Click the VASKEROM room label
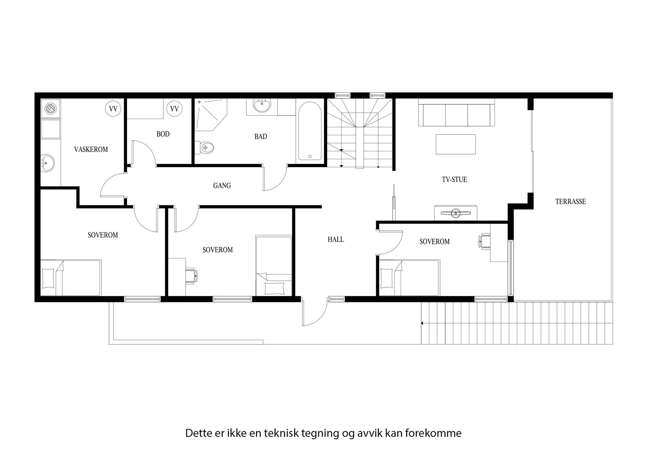[91, 149]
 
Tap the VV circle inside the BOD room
[174, 109]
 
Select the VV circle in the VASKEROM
[113, 109]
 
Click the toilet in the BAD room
[205, 147]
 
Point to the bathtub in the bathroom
[310, 131]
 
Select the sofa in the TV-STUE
[456, 115]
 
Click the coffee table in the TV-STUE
[455, 144]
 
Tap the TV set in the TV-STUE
[456, 212]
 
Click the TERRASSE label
[570, 201]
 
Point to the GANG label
[222, 185]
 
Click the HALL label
[336, 239]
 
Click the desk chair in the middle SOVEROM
[190, 275]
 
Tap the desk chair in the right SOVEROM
[484, 242]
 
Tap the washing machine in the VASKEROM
[50, 109]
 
